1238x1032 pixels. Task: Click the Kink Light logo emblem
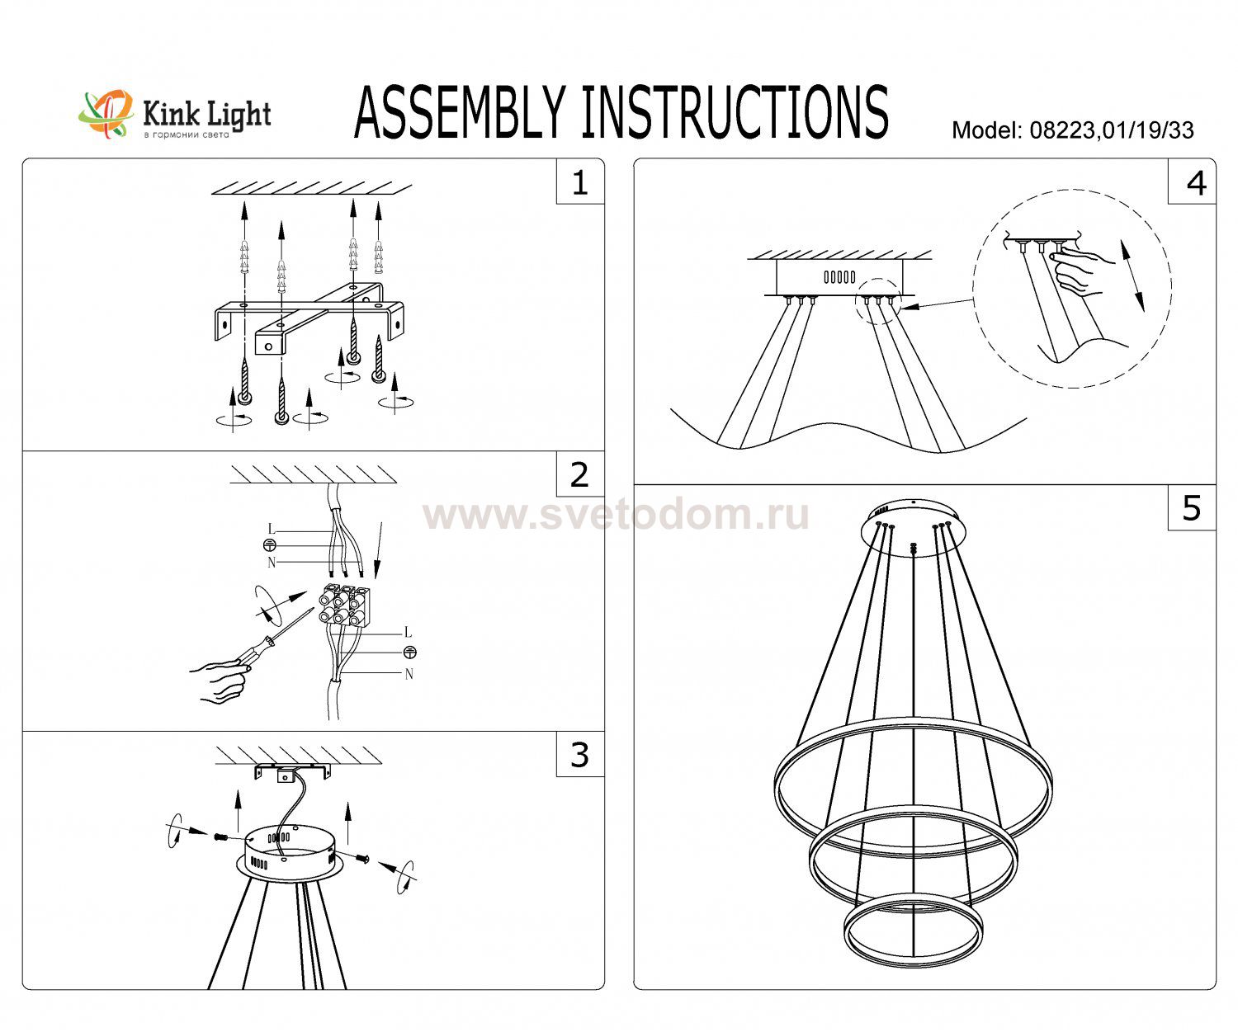coord(106,115)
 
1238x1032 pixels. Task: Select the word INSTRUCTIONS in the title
coord(735,113)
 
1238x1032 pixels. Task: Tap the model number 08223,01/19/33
coord(1112,130)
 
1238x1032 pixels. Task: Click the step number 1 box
coord(580,181)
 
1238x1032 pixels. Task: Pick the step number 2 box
coord(580,474)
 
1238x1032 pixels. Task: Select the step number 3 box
coord(580,754)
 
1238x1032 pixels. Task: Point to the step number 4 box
coord(1192,181)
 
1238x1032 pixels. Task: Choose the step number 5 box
coord(1192,507)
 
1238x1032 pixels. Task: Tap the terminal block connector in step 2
coord(344,606)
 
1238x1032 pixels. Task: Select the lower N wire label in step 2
coord(409,674)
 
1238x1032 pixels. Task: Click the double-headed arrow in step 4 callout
coord(1132,276)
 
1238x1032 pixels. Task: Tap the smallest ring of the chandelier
coord(913,931)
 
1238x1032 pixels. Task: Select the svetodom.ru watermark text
coord(616,515)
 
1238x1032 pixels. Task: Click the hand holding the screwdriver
coord(220,681)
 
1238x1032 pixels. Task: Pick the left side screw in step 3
coord(220,836)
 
